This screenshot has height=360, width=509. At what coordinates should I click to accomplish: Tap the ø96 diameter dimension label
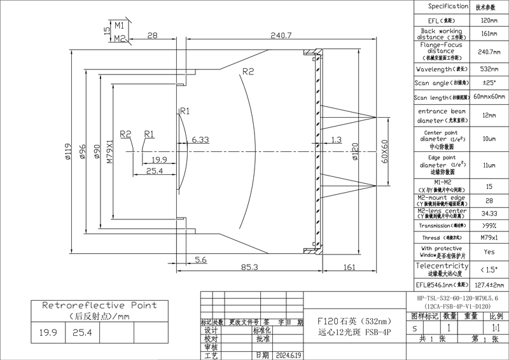82,153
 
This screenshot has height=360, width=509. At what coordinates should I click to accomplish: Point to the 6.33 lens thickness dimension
200,139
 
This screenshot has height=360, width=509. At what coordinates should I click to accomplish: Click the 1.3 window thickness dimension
336,139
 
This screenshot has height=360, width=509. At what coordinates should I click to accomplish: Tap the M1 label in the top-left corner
119,25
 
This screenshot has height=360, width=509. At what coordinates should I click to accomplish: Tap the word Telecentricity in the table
442,265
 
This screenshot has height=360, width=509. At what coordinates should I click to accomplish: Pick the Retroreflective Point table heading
99,305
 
